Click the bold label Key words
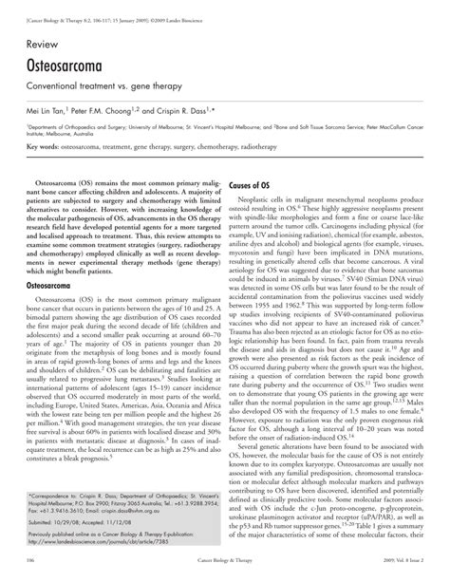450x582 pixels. click(x=44, y=147)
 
